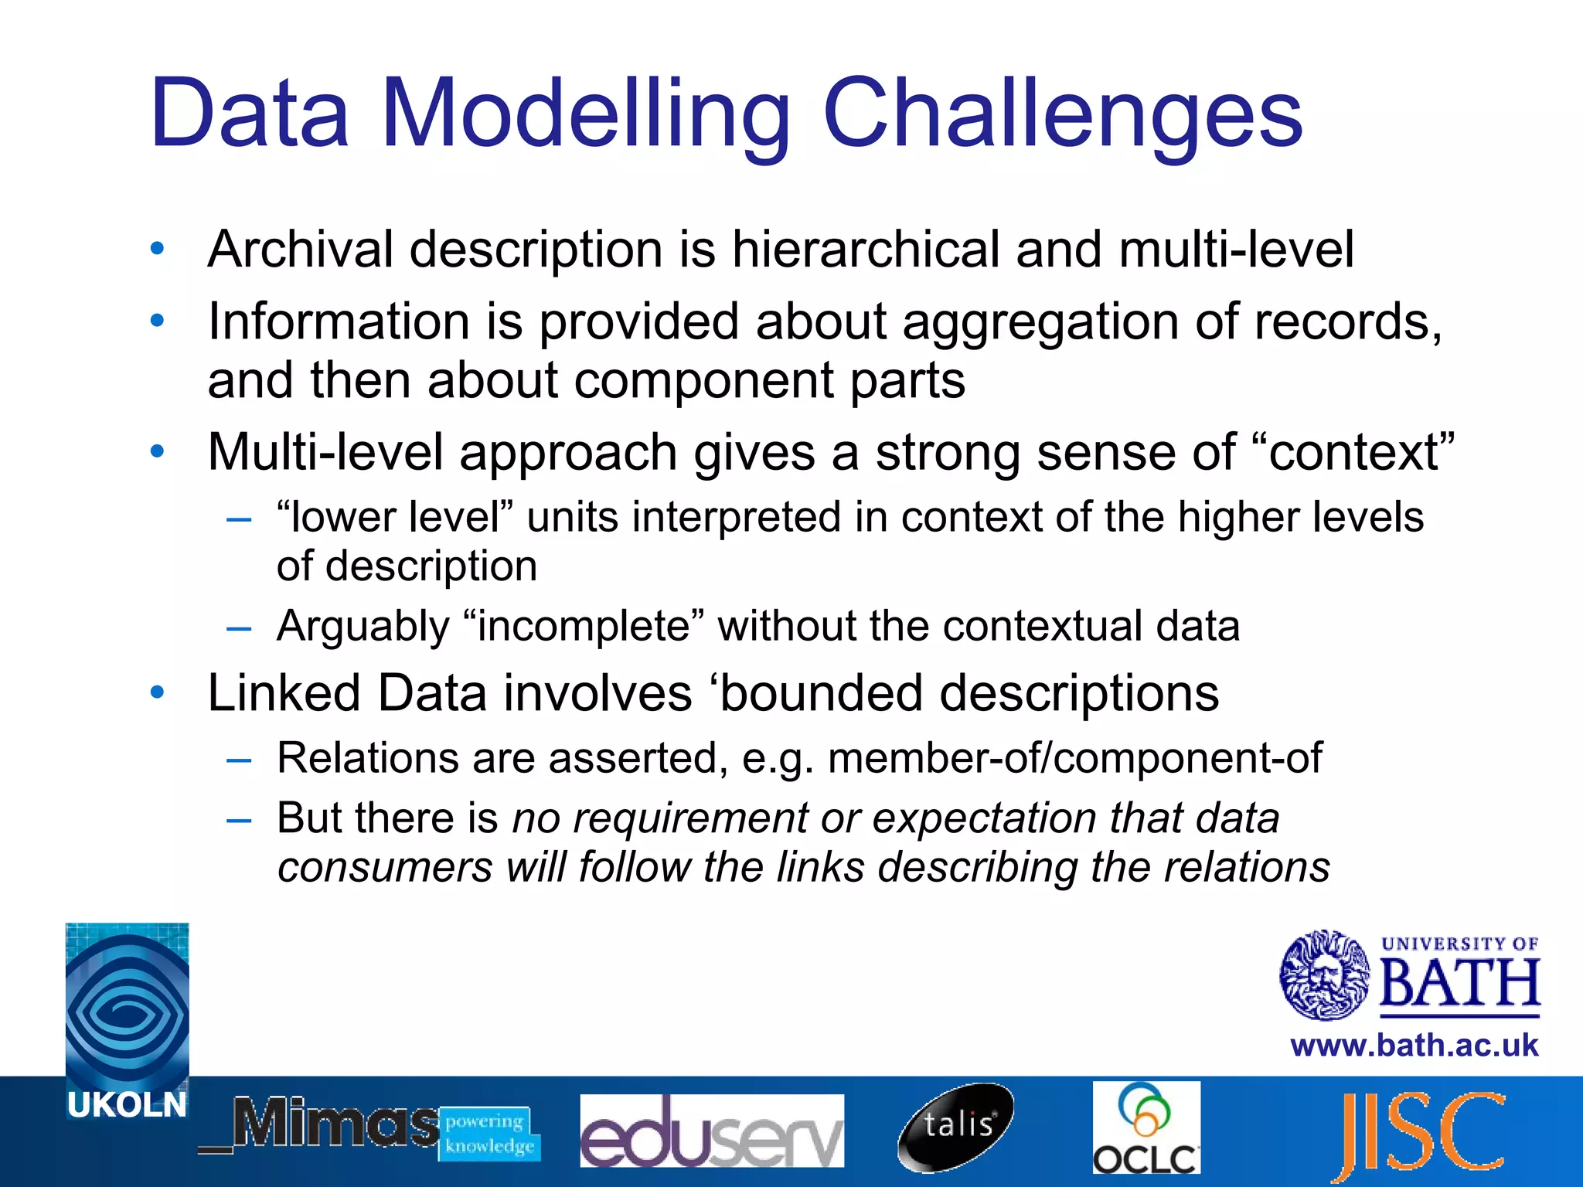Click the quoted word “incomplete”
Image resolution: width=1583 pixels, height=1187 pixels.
pos(584,626)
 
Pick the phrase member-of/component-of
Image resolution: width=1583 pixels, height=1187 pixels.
pos(1074,757)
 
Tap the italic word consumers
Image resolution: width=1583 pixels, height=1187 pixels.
pos(384,867)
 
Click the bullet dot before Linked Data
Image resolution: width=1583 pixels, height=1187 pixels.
pos(158,692)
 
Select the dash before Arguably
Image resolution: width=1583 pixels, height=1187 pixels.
pos(239,628)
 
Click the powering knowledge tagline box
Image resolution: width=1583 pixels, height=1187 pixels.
pos(489,1133)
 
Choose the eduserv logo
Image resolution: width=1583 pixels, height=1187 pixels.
pos(711,1130)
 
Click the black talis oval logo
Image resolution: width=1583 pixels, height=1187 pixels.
pos(956,1126)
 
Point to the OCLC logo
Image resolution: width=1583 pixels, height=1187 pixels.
pos(1146,1127)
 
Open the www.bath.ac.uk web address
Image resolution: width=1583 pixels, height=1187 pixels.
pos(1414,1046)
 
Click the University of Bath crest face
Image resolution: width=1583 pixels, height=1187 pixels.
pos(1324,975)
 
